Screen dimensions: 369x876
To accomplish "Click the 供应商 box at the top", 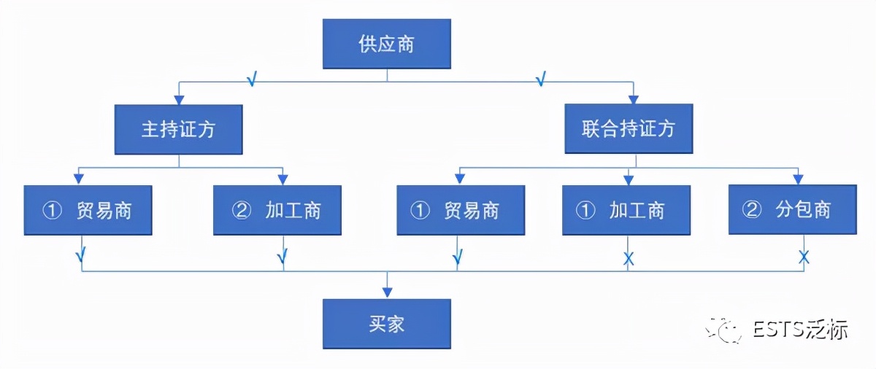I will point(386,44).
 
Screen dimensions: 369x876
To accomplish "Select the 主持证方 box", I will point(178,129).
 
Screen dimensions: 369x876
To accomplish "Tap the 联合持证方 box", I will point(629,129).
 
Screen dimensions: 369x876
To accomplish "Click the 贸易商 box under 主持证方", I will point(88,210).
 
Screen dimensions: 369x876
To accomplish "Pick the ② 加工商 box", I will point(277,210).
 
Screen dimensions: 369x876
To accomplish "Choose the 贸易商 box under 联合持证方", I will point(461,210).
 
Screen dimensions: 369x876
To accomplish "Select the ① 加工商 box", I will point(626,210).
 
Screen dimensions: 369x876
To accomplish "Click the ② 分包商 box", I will point(792,210).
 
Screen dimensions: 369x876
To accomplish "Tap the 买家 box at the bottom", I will point(386,324).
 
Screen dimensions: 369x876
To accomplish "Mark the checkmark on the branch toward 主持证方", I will point(251,79).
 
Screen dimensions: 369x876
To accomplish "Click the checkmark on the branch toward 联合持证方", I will point(540,79).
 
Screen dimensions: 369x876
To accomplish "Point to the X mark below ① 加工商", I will point(628,257).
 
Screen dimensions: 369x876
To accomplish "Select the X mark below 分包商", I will point(804,257).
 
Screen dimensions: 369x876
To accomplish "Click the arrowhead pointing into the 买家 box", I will point(387,293).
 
